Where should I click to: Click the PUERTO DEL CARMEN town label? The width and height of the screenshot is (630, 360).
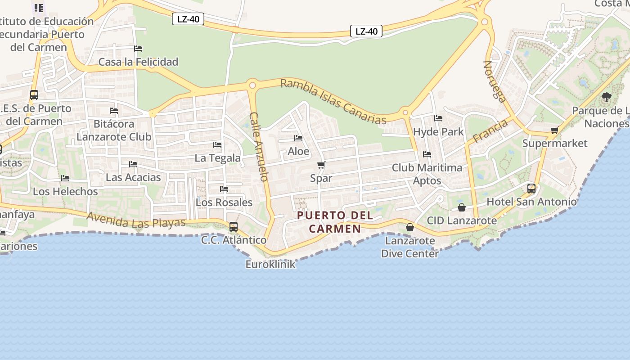[335, 222]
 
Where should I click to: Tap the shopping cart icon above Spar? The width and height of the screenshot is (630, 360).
[321, 165]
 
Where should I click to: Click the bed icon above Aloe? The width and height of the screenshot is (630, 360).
[298, 138]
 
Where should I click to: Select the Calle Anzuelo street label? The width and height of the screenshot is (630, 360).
[259, 146]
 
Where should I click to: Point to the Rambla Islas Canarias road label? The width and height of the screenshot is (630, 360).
[333, 102]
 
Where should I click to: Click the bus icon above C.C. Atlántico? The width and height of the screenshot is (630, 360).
[233, 227]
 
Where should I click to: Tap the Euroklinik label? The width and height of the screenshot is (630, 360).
[270, 264]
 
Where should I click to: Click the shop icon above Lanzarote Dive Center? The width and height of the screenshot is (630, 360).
[409, 227]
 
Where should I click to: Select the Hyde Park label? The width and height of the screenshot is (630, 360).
[438, 132]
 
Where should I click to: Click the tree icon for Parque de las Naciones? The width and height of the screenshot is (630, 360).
[607, 97]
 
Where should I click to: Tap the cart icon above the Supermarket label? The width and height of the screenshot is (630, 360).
[554, 130]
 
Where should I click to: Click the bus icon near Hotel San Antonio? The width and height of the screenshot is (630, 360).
[531, 189]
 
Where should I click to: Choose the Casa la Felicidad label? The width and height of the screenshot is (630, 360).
[138, 62]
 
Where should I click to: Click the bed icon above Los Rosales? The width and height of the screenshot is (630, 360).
[224, 189]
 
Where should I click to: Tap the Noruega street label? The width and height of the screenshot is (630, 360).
[495, 81]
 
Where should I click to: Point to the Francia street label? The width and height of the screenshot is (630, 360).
[490, 130]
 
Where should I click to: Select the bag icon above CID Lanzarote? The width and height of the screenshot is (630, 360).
[461, 207]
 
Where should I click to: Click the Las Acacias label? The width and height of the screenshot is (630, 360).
[133, 177]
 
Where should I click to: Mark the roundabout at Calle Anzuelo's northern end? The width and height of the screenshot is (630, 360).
[252, 85]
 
